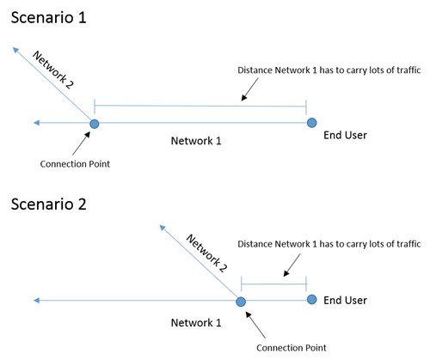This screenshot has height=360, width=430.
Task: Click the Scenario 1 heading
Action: click(x=49, y=17)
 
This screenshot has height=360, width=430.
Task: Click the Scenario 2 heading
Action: click(x=49, y=204)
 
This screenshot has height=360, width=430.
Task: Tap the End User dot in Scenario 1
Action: click(x=311, y=123)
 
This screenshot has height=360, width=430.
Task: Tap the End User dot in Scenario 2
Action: click(x=311, y=300)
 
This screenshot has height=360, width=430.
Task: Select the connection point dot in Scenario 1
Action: click(x=95, y=124)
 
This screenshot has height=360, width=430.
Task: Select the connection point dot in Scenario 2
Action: click(x=241, y=302)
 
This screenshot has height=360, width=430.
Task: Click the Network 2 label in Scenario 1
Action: click(x=53, y=70)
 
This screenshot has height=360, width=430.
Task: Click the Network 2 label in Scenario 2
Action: click(x=206, y=253)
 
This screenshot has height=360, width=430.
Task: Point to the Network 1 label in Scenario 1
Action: click(x=196, y=141)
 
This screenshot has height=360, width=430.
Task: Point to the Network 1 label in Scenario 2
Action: click(x=196, y=323)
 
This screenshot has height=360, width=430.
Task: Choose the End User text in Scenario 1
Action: click(x=345, y=135)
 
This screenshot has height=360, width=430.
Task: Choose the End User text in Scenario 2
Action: click(x=345, y=300)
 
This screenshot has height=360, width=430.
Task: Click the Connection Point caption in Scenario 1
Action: click(x=75, y=164)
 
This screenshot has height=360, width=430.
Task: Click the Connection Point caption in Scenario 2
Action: click(x=292, y=348)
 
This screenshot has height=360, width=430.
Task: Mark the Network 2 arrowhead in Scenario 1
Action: click(x=15, y=50)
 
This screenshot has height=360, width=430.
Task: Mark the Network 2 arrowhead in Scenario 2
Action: click(x=163, y=228)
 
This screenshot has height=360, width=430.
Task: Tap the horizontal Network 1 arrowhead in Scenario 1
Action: click(x=36, y=123)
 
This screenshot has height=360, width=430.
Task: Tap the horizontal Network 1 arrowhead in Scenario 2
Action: click(x=36, y=301)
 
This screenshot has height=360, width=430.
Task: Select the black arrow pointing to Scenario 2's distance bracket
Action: click(x=292, y=265)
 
